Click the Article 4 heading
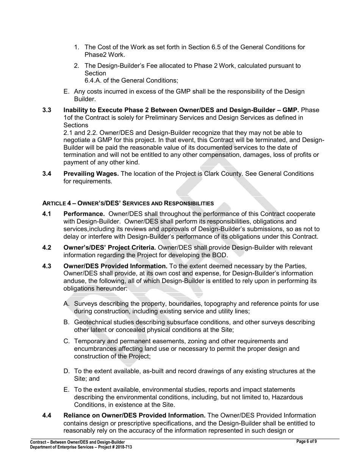[x=128, y=203]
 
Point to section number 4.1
[x=47, y=214]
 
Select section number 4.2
[x=47, y=248]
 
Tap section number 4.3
[x=47, y=266]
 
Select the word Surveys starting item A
[x=86, y=304]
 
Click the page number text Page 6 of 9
[x=307, y=441]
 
